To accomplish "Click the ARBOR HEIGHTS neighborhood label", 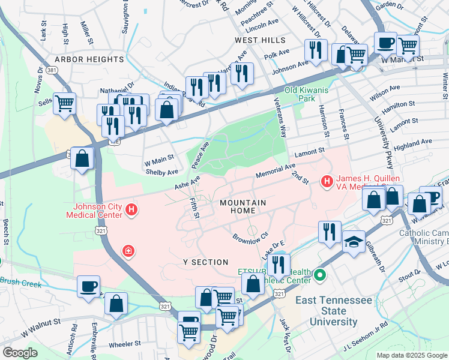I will point(89,59).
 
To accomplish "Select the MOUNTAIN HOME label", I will point(246,207).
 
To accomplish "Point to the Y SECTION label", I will point(206,262).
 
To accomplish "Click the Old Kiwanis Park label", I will point(307,94).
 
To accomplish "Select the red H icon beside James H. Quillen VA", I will point(327,180).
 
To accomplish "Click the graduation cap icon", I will point(354,242).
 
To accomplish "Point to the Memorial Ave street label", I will point(276,170).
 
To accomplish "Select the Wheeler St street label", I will point(125,344).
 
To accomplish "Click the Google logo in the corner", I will point(20,352).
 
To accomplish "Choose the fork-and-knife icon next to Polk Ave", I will point(314,52).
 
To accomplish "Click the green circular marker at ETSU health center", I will point(320,276).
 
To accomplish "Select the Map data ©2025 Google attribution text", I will point(411,355).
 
